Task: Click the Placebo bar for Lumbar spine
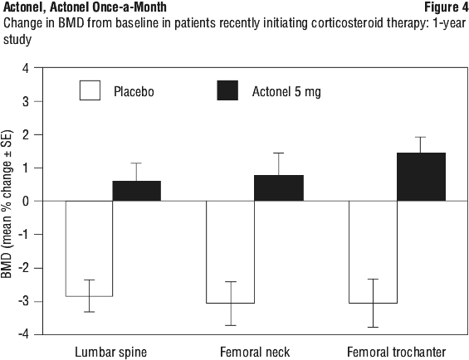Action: pos(89,249)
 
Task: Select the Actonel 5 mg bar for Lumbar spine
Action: pos(137,191)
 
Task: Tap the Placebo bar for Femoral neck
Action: pos(230,252)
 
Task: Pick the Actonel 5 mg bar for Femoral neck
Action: pos(279,187)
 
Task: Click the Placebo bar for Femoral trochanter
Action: pos(373,252)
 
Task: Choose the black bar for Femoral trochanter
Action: pos(421,177)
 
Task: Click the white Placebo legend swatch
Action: pos(90,90)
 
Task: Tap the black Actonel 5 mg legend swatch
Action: pos(227,90)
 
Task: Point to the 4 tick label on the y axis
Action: pos(26,69)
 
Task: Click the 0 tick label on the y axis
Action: pos(26,202)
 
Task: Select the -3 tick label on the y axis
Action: pos(23,301)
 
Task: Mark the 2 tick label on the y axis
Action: pos(26,135)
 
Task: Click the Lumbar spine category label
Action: pos(110,353)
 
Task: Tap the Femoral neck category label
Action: pos(255,352)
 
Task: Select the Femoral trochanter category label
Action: pos(396,352)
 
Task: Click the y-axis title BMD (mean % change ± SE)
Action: pos(7,204)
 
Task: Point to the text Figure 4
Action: pos(446,7)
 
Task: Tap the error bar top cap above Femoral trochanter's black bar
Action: pos(421,137)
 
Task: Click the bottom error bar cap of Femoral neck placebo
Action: pos(230,325)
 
